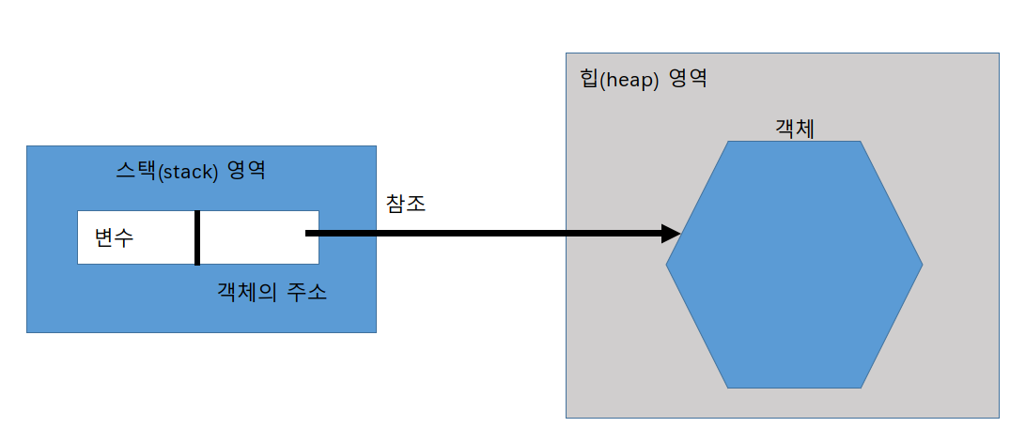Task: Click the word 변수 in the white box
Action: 114,238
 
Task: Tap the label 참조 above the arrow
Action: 406,204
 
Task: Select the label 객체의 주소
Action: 272,292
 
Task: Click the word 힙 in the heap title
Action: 589,79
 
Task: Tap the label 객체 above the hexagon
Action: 794,129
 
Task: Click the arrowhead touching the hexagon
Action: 670,233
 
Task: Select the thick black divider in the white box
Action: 197,237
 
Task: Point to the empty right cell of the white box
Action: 252,237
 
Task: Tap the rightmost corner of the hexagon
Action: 922,265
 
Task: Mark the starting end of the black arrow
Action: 309,233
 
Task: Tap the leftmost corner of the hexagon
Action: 667,265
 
